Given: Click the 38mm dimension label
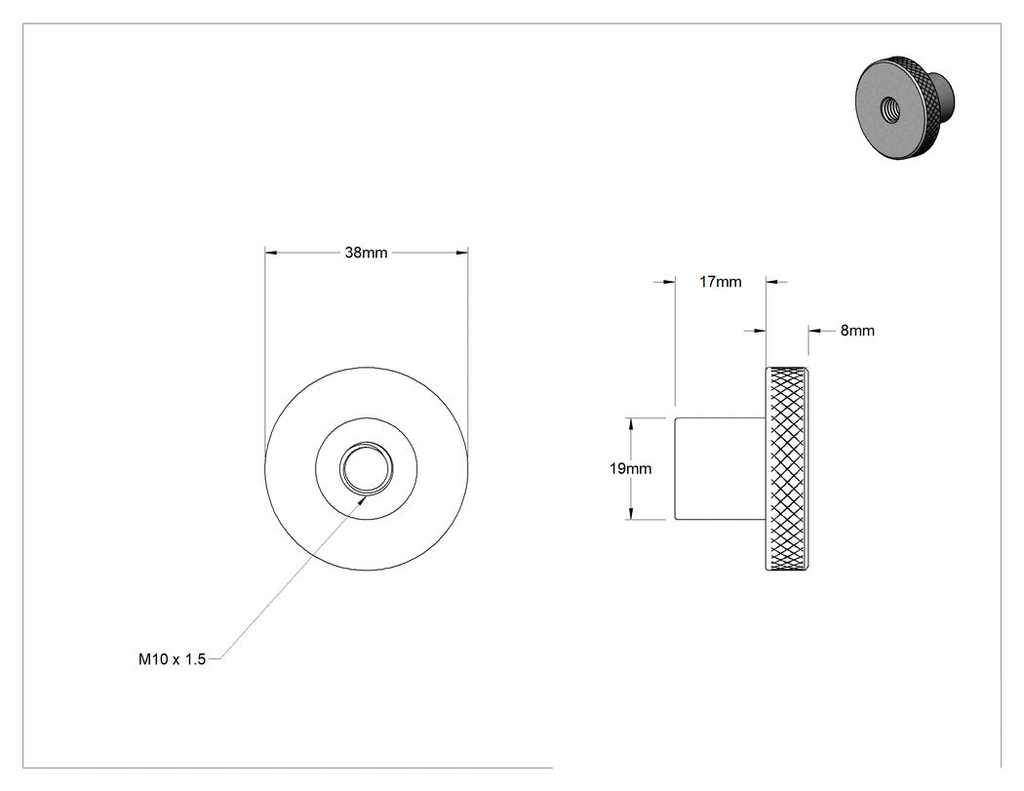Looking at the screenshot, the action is pyautogui.click(x=366, y=253).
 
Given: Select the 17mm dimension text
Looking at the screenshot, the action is pyautogui.click(x=721, y=282).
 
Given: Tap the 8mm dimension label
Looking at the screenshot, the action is pyautogui.click(x=857, y=331).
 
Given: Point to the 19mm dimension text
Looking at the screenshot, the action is pyautogui.click(x=630, y=468).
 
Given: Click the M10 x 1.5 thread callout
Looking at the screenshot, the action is pyautogui.click(x=172, y=659).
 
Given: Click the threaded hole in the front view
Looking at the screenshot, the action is pyautogui.click(x=367, y=468).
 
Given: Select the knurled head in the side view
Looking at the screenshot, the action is pyautogui.click(x=788, y=468).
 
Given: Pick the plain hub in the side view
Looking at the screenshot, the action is pyautogui.click(x=721, y=468).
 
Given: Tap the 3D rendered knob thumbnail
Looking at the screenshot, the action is pyautogui.click(x=905, y=107).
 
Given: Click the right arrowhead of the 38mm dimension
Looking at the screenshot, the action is pyautogui.click(x=461, y=253).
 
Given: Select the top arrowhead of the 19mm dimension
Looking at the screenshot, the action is pyautogui.click(x=631, y=424).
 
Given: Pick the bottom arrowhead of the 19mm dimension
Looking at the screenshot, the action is pyautogui.click(x=631, y=513).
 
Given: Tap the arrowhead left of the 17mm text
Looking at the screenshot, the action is pyautogui.click(x=668, y=282).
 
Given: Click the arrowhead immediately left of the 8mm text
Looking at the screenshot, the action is pyautogui.click(x=815, y=332).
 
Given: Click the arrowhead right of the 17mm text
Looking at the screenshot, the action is pyautogui.click(x=772, y=282).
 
